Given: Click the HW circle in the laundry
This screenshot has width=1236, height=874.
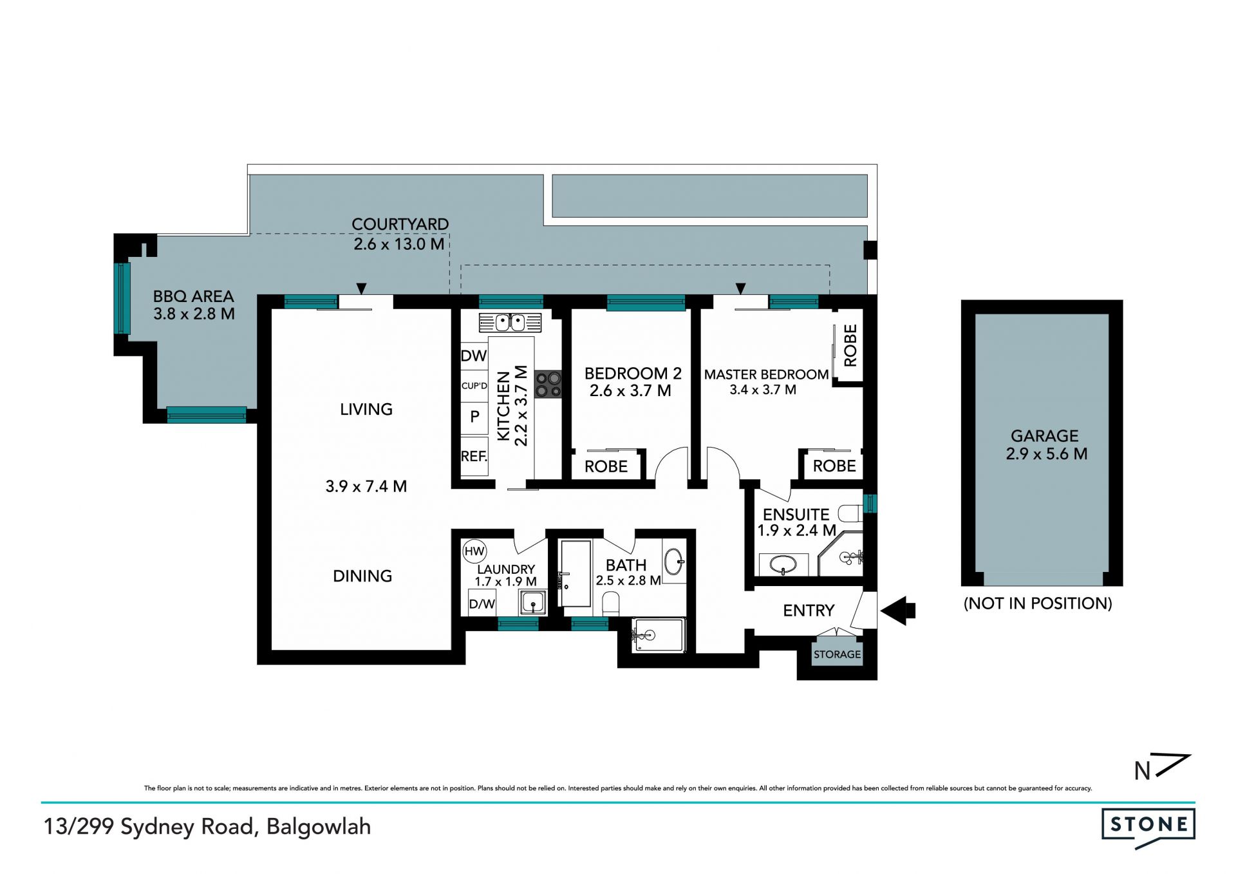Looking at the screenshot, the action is (474, 551).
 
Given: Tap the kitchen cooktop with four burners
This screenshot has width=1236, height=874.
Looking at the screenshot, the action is (548, 384).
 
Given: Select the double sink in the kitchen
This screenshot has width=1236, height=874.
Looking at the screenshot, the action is (510, 322).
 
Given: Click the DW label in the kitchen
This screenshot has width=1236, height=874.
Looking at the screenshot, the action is (474, 356).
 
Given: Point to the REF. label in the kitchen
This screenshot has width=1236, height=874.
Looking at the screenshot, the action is (474, 457).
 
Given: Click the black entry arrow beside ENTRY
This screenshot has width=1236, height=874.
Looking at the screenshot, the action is (897, 611).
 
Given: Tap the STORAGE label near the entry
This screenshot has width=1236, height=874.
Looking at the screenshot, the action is (837, 654).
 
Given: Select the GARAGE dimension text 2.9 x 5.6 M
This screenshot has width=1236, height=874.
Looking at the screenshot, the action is (1047, 454).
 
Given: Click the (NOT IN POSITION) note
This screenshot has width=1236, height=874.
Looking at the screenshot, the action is (1038, 603).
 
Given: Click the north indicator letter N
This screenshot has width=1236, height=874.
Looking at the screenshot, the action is (1142, 771).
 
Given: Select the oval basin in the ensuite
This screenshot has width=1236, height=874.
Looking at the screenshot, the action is (783, 565).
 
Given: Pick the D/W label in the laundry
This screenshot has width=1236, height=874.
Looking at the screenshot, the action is (482, 604).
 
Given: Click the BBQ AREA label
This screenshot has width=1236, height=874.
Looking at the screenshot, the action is (193, 296).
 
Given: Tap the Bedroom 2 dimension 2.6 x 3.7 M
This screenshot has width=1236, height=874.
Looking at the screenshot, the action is (630, 391).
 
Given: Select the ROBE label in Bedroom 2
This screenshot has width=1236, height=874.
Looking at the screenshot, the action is (606, 466).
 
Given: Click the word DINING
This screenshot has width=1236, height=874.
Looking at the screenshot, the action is (362, 576).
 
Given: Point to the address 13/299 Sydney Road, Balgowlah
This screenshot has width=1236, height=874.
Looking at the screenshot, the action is (207, 827).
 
